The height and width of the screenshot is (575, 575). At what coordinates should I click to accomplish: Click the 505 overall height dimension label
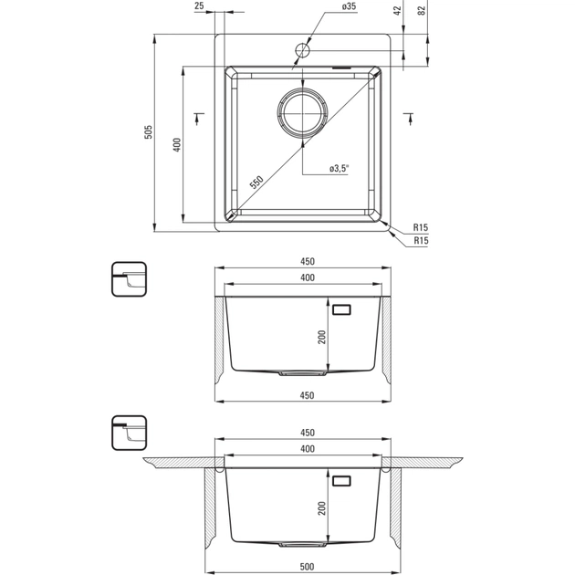coord(149,131)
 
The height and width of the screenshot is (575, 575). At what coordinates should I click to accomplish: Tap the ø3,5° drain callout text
coord(340,170)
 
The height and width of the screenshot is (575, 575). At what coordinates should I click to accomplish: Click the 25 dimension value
coord(200,6)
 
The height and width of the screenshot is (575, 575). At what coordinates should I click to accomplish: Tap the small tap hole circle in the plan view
coord(302,51)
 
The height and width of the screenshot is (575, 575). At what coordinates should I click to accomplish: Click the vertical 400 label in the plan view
coord(178,145)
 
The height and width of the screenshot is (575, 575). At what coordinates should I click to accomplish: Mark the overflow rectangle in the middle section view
coord(341,309)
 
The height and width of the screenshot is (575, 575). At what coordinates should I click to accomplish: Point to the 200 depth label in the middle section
coord(322,337)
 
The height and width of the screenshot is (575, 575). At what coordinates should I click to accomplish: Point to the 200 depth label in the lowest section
coord(322,507)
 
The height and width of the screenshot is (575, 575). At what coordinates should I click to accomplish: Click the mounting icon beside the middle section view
coord(127,279)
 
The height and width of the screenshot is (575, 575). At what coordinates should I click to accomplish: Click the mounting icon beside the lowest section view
coord(127,433)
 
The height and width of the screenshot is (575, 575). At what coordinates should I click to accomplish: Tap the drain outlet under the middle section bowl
coord(301,373)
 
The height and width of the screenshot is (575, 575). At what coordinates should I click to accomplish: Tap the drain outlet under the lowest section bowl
coord(301,544)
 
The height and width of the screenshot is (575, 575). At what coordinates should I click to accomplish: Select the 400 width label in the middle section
coord(307,277)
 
